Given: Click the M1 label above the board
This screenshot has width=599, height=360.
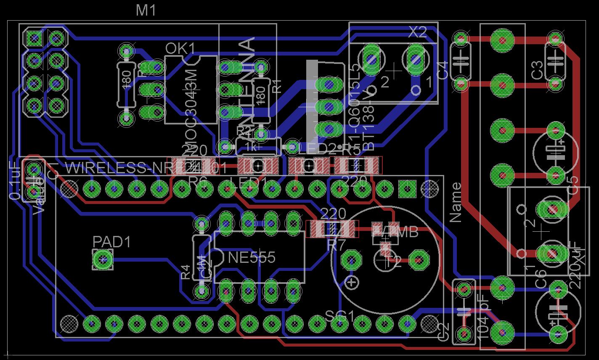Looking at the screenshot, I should pos(146,10).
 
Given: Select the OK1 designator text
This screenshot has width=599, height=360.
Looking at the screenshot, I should pos(180,49).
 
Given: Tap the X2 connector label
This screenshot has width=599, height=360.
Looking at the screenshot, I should pos(418,32).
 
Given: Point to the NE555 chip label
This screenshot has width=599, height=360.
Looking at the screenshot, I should pos(252,257).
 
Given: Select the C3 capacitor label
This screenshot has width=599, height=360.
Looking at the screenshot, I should pos(537,70).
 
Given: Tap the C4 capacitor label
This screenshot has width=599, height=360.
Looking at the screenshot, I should pos(442,70).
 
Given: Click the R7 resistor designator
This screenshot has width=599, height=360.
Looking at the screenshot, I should pos(336,245).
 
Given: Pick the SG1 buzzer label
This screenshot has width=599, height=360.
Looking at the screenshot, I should pos(339,316).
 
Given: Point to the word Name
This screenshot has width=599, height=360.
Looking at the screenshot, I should pos(456,202).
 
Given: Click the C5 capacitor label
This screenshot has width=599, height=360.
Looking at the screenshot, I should pos(573,185).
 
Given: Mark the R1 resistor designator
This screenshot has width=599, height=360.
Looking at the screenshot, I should pos(276,86).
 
